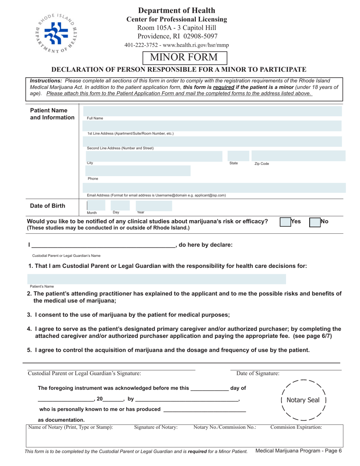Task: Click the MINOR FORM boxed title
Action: tap(185, 58)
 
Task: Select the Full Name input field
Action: tap(214, 111)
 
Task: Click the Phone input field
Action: tap(138, 170)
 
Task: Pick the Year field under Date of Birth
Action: tap(153, 206)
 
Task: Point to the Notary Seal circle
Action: tap(302, 400)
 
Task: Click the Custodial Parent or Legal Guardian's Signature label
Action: tap(85, 374)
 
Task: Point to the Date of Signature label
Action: tap(258, 374)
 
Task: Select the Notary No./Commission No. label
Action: tap(225, 427)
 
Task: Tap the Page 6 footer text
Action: tap(299, 451)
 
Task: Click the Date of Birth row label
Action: tap(47, 206)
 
